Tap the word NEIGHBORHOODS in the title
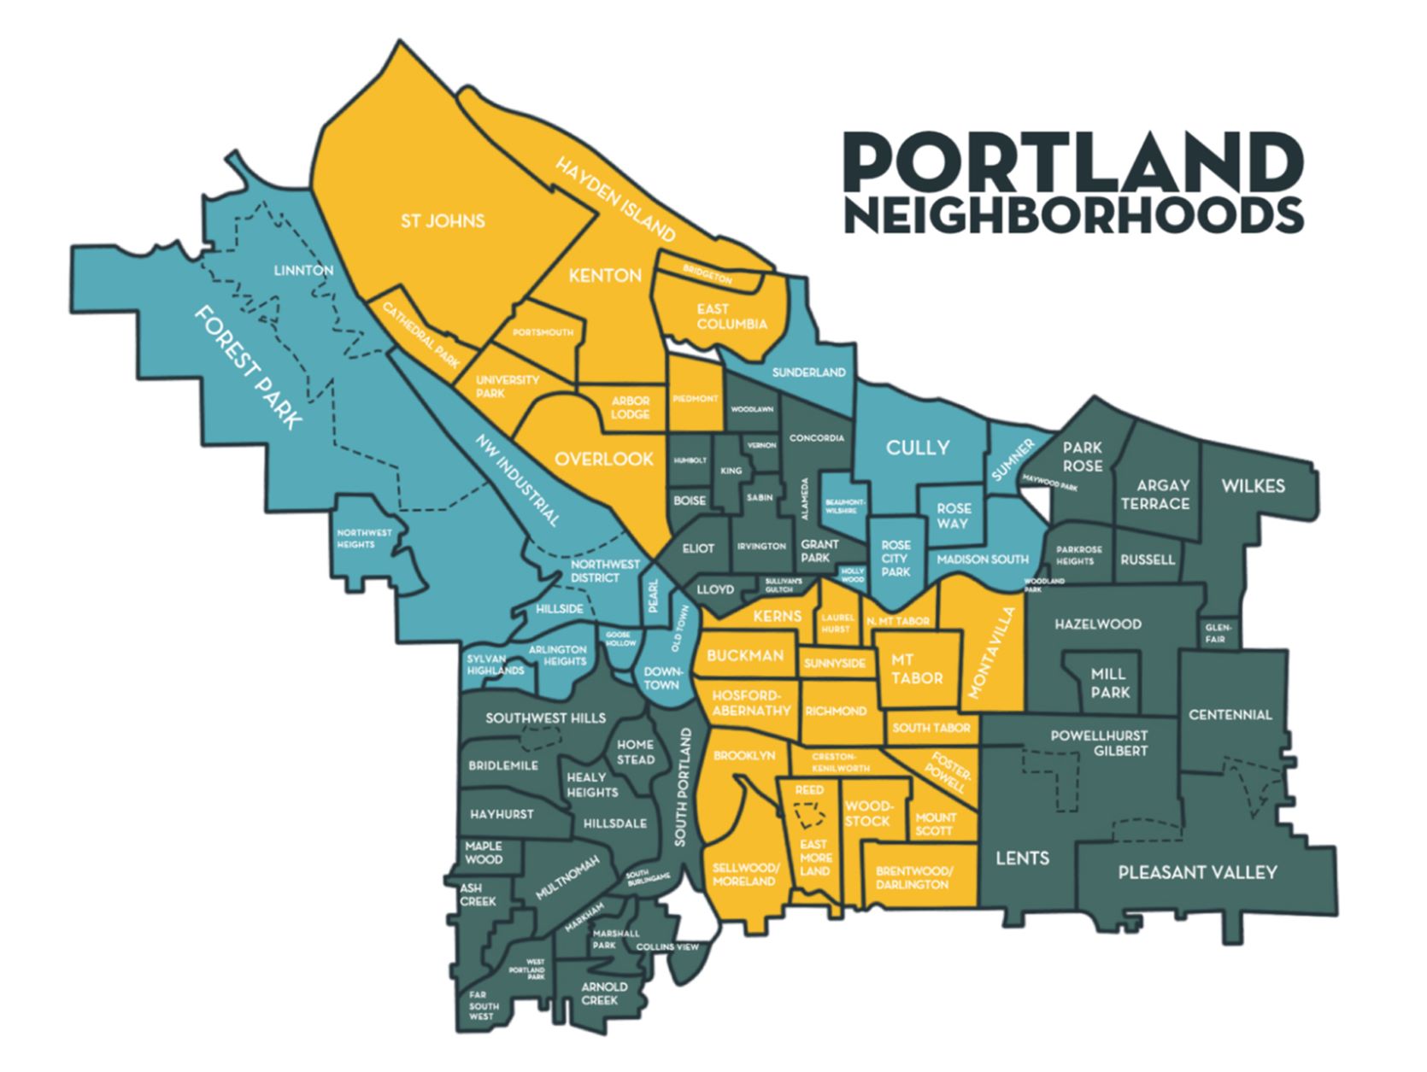coord(1072,214)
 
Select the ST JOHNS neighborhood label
coord(443,221)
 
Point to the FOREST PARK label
coord(248,366)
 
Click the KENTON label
coord(605,275)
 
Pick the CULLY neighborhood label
coord(917,447)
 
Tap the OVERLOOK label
coord(603,459)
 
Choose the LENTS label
coord(1022,858)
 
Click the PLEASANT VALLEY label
coord(1197,872)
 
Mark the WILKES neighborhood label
coord(1253,485)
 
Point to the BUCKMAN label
coord(744,655)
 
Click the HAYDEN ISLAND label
coord(615,198)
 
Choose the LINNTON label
coord(303,270)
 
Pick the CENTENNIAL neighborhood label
coord(1230,714)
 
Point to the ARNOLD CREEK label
coord(604,993)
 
